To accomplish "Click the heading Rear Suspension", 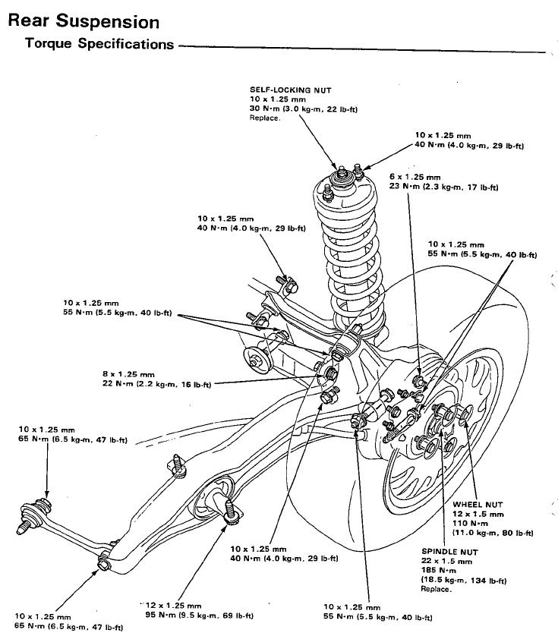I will (x=84, y=21).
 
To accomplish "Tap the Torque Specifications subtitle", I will (x=99, y=44).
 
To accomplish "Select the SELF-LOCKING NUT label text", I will (x=290, y=90).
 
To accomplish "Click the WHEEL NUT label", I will (x=478, y=504).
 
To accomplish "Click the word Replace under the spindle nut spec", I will (x=437, y=588).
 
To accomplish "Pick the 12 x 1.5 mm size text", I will (x=476, y=514).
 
